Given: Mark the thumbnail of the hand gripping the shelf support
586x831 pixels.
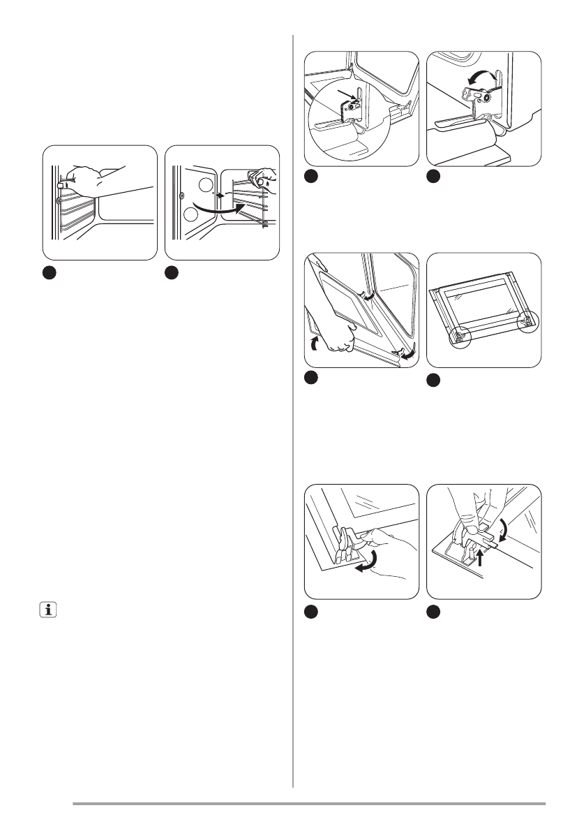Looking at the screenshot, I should tap(100, 203).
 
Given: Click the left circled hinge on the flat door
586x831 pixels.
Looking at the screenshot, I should tap(462, 336).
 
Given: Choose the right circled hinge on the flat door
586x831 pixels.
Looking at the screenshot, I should tap(528, 322).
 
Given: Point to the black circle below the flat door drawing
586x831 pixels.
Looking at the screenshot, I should tap(434, 381).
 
